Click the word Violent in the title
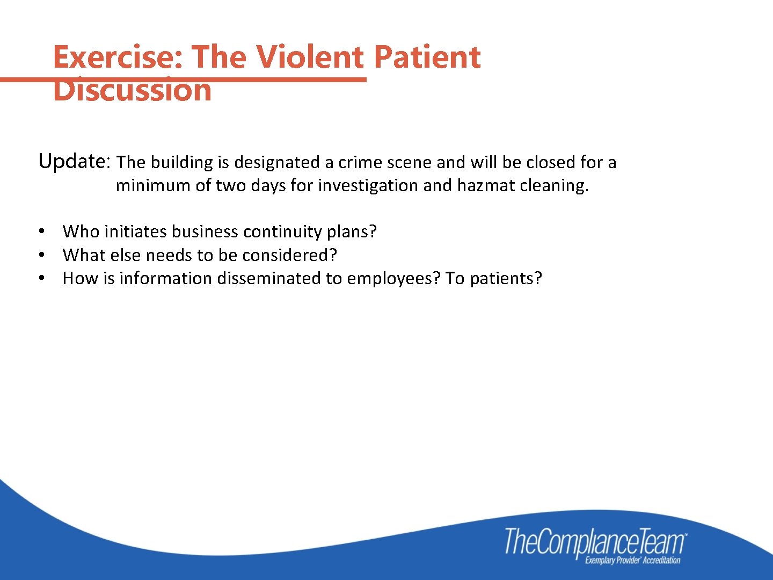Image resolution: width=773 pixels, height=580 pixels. pos(309,57)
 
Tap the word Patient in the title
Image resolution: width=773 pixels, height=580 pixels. pos(427,57)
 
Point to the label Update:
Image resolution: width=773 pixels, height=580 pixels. pos(74,161)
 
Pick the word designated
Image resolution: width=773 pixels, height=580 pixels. pos(277,162)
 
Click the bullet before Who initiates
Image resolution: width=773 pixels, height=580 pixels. pos(41,231)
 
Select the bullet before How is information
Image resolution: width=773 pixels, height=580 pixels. pos(41,278)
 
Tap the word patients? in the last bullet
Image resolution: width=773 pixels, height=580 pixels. pos(506,278)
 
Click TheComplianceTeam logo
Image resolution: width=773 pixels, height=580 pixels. pos(595,541)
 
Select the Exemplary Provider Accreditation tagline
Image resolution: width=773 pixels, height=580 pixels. pos(632,561)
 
